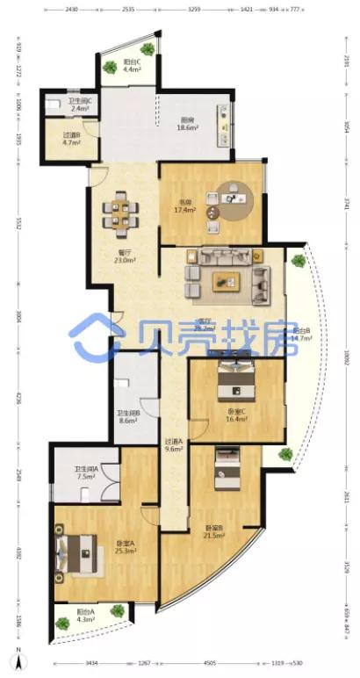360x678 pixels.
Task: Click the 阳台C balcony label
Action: (x=132, y=65)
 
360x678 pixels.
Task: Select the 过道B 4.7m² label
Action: (x=73, y=139)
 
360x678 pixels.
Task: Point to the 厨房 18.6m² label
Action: (x=187, y=125)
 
